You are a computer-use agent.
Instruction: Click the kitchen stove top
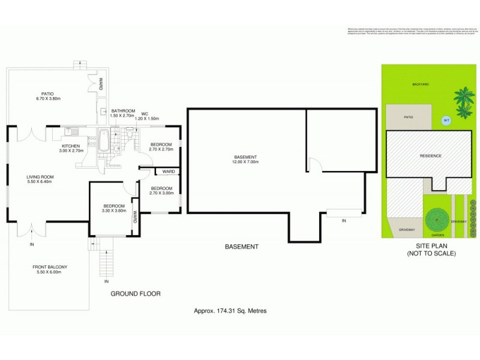pyautogui.click(x=92, y=142)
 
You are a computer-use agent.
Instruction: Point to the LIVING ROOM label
pyautogui.click(x=40, y=176)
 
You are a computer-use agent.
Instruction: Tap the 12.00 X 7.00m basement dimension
pyautogui.click(x=244, y=163)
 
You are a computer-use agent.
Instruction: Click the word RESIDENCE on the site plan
pyautogui.click(x=431, y=156)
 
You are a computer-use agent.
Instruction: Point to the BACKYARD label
pyautogui.click(x=421, y=85)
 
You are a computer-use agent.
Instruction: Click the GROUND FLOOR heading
pyautogui.click(x=136, y=294)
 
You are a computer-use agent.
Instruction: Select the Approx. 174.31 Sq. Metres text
pyautogui.click(x=230, y=311)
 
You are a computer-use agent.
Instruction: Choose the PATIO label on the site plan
pyautogui.click(x=408, y=118)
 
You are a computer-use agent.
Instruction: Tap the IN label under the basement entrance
pyautogui.click(x=344, y=221)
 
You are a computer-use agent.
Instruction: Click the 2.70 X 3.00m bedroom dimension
pyautogui.click(x=161, y=193)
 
